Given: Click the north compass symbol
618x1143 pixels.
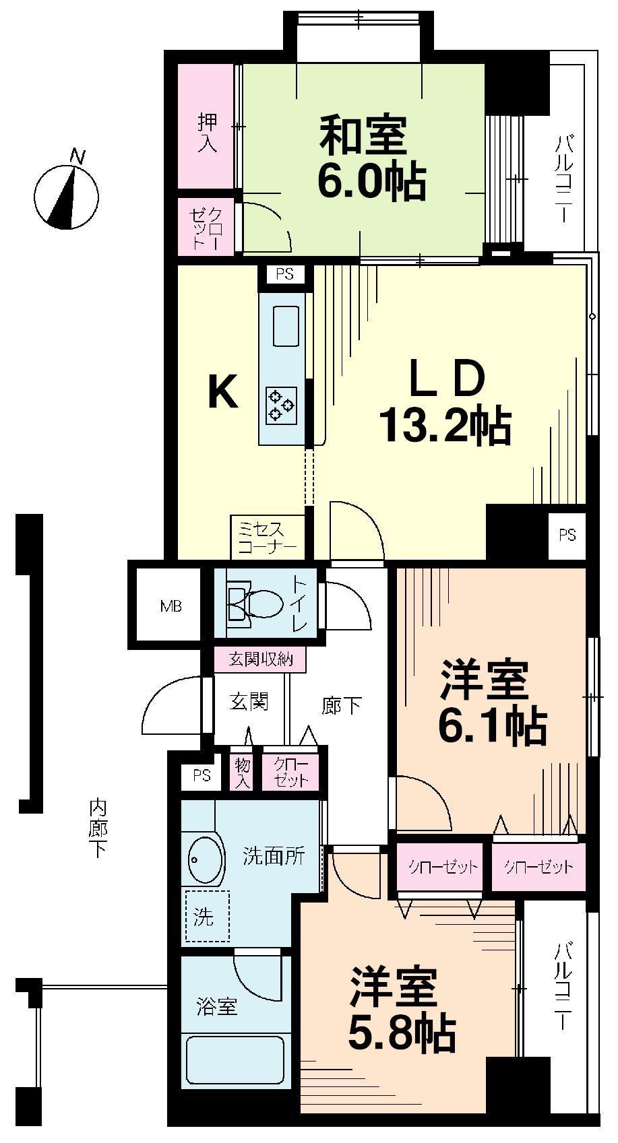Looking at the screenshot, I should click(66, 195).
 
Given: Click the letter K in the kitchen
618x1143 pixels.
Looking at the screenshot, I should click(222, 392).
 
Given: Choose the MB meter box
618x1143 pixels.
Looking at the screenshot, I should click(171, 606).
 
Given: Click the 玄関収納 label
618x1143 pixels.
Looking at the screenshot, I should click(260, 659).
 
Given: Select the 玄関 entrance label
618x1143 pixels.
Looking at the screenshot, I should click(249, 702).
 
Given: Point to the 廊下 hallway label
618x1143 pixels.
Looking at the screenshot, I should click(342, 705).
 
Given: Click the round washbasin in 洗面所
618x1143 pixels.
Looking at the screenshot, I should click(206, 859).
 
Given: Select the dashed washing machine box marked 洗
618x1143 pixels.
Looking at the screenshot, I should click(207, 917).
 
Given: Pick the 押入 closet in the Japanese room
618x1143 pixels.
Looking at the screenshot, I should click(207, 132).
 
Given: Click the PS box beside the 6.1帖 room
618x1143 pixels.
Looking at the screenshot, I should click(567, 535).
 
